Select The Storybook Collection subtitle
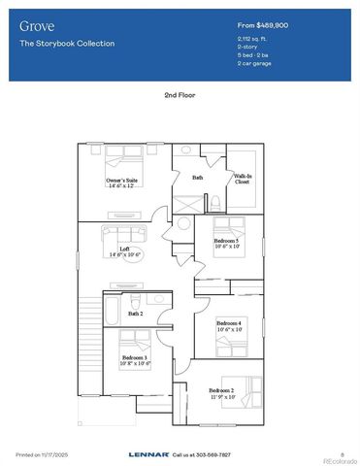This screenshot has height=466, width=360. coord(67,44)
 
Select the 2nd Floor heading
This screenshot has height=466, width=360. coord(180,97)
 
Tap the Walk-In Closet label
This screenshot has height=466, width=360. coord(243,180)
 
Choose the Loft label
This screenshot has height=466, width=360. coord(125,251)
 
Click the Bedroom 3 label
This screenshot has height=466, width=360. coord(135,359)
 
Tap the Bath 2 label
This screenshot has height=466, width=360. coord(135,314)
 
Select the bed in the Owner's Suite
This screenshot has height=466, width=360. coord(127,157)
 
